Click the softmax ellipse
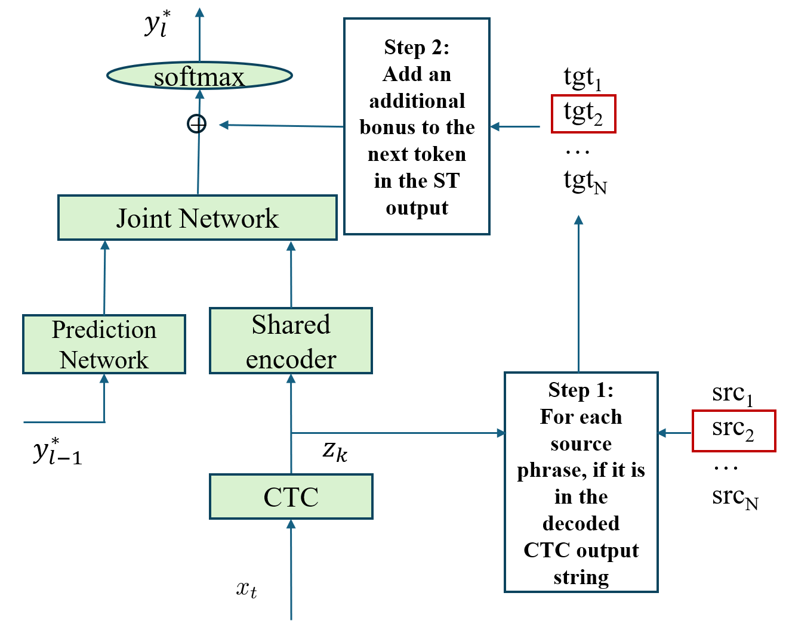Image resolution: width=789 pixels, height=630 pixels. pos(199,76)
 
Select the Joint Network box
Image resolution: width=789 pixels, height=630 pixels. pos(197,218)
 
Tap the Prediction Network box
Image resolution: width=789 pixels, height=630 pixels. pos(104,345)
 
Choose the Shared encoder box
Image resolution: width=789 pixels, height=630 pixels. pos(291,341)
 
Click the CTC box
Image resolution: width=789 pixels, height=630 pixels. pos(291,496)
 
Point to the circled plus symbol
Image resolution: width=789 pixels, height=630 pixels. pos(197,124)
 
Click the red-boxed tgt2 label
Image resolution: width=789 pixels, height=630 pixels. pos(583,113)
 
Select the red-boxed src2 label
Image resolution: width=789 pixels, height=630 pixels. pos(733,430)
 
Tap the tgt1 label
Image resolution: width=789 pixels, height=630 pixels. pos(582,78)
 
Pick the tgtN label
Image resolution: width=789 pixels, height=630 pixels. pos(585,181)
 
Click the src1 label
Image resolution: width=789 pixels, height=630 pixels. pos(732,394)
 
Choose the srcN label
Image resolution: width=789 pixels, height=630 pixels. pos(735,497)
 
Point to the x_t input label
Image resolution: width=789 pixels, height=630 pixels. pos(246,589)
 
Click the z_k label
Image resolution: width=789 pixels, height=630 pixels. pos(335,451)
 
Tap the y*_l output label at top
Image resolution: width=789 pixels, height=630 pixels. pos(157,24)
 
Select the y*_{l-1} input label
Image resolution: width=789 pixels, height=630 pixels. pos(57,451)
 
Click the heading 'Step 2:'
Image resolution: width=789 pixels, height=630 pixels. pos(417,47)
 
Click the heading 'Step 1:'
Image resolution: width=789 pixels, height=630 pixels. pos(581,390)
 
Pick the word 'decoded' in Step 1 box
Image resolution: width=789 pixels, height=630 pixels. pos(581,523)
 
